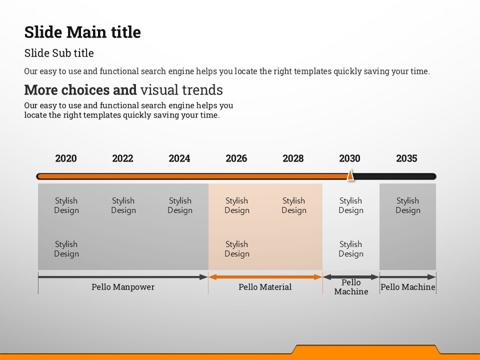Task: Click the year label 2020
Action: (x=66, y=158)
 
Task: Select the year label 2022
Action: (x=122, y=158)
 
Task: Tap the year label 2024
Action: (x=179, y=158)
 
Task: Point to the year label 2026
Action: (x=236, y=158)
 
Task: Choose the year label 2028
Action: (x=293, y=158)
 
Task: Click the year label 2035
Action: (x=406, y=158)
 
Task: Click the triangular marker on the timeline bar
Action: (x=350, y=175)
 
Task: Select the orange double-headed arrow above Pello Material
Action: (x=265, y=277)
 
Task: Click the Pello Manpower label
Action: (x=123, y=287)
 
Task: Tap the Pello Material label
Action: (x=265, y=287)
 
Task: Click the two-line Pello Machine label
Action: (x=351, y=287)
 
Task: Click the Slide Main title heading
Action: (x=82, y=32)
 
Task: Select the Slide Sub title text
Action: (x=59, y=53)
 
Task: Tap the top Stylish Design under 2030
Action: (x=351, y=205)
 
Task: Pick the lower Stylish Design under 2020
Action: (x=66, y=249)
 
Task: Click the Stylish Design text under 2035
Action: (x=408, y=205)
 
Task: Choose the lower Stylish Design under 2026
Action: (x=237, y=249)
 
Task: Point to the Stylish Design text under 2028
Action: (x=294, y=205)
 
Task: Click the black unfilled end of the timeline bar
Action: (x=395, y=176)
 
